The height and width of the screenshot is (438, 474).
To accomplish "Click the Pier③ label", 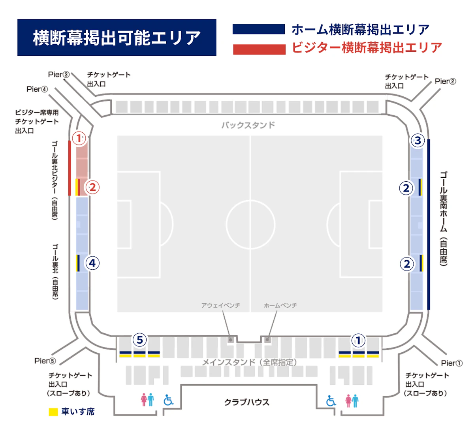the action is (x=59, y=75).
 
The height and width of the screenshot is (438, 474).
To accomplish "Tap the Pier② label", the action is (x=445, y=81).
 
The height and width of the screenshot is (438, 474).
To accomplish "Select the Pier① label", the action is (x=451, y=363).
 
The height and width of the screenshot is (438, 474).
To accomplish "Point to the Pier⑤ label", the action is (x=45, y=361).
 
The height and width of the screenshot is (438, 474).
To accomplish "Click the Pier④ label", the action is (x=37, y=89).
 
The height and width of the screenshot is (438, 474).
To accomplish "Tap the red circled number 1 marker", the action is (x=79, y=138).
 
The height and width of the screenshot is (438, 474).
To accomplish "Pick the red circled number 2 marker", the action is (x=92, y=187).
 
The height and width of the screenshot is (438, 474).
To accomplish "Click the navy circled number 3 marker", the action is (x=418, y=141).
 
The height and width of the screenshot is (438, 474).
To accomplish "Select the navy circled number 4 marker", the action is (x=92, y=263).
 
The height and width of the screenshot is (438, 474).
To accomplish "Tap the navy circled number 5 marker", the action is (x=139, y=340).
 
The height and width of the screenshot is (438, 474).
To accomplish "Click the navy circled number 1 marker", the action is (x=358, y=340).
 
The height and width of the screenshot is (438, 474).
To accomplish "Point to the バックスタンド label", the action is (x=248, y=125).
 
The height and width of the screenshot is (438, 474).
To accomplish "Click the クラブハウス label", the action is (x=247, y=402).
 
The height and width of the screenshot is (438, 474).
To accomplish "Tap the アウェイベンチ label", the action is (x=221, y=305).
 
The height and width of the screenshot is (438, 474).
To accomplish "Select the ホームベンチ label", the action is (x=280, y=305).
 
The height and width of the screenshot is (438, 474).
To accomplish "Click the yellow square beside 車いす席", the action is (x=53, y=412).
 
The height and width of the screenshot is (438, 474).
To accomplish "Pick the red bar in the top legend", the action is (x=259, y=49).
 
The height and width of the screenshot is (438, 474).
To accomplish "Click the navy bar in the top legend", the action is (x=259, y=29).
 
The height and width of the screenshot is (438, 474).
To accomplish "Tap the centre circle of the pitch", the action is (x=250, y=225).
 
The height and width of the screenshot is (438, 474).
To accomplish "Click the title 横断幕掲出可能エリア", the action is (x=117, y=38).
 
